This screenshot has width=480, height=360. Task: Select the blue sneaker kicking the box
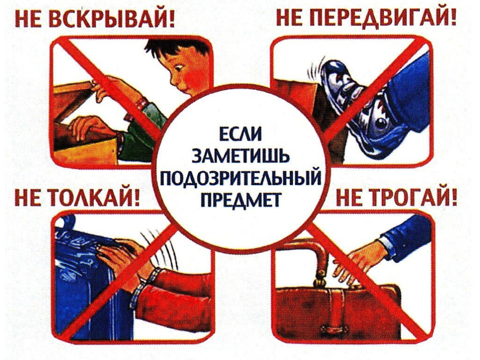click(x=352, y=101)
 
